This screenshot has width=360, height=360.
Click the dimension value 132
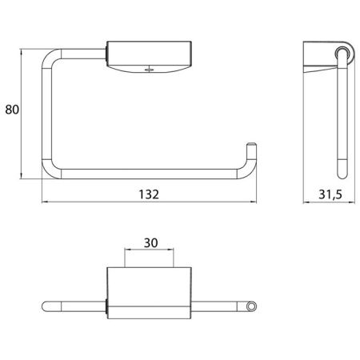[148, 194]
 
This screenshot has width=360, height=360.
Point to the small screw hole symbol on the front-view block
[147, 69]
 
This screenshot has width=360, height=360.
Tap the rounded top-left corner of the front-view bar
[52, 58]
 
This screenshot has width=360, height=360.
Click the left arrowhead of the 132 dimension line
[43, 203]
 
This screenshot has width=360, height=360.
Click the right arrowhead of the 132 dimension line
[255, 203]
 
